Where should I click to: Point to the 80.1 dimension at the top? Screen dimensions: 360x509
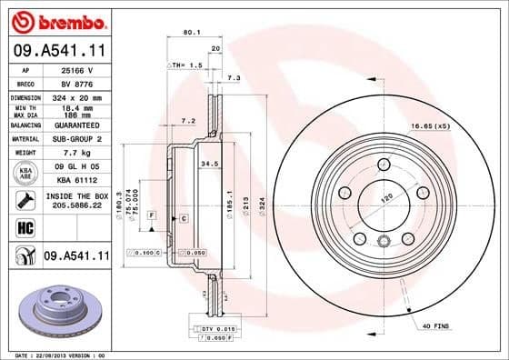pyautogui.click(x=191, y=34)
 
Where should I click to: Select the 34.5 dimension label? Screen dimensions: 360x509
pyautogui.click(x=210, y=164)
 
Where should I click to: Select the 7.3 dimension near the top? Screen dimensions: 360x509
pyautogui.click(x=233, y=78)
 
